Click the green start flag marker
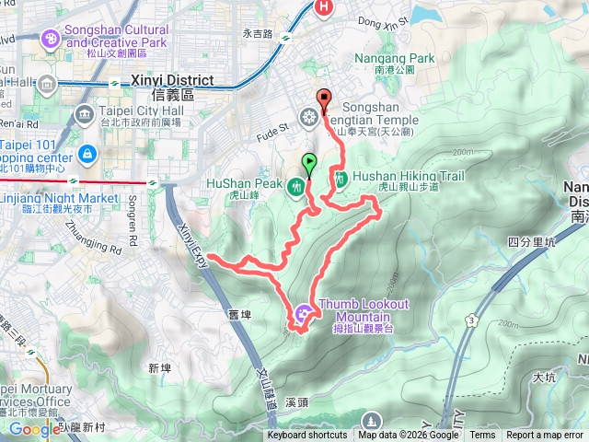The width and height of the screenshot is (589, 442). (x=309, y=164)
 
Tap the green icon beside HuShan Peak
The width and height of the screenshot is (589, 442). (x=295, y=188)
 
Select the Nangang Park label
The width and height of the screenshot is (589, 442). (x=394, y=63)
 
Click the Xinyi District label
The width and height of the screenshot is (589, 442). (x=173, y=87)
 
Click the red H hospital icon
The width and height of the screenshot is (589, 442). (x=324, y=8)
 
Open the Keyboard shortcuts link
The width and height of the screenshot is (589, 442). (x=307, y=436)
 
